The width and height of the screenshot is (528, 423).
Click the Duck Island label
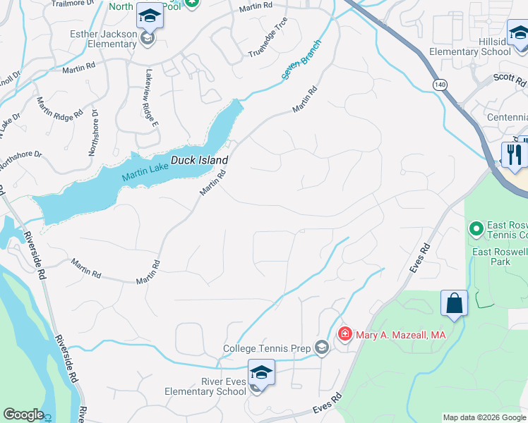tap(199, 160)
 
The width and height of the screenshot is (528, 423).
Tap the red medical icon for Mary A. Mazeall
tap(345, 334)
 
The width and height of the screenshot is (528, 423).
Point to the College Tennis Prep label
tap(268, 348)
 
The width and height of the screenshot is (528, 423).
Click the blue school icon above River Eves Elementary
tap(260, 372)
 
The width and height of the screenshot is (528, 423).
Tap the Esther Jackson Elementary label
tap(103, 39)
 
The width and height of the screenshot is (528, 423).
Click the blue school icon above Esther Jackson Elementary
tap(150, 16)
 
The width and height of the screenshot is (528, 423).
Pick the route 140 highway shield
tap(440, 85)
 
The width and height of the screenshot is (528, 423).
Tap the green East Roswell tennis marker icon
tap(476, 228)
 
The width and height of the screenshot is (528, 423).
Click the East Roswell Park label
tap(500, 256)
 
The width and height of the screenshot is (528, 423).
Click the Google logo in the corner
tap(23, 415)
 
